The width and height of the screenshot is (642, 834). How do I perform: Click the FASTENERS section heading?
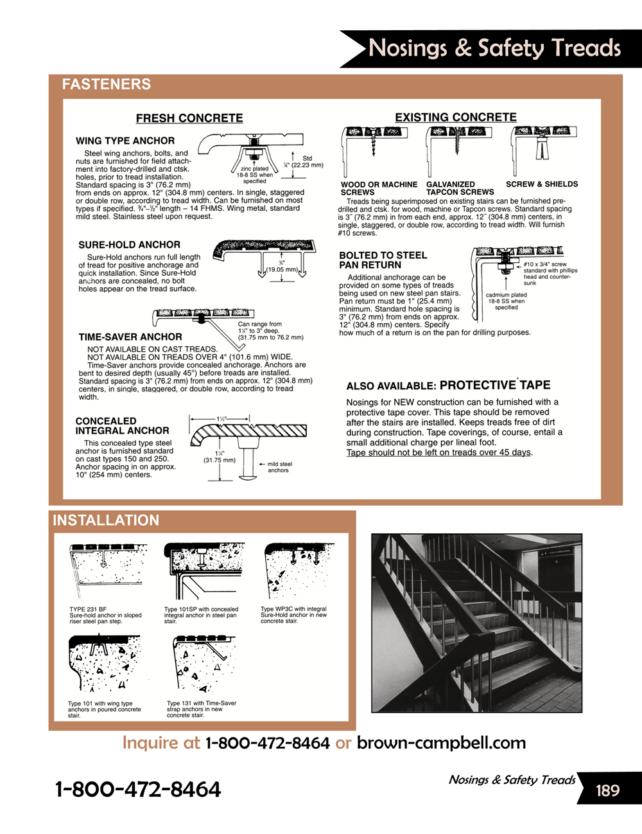(107, 84)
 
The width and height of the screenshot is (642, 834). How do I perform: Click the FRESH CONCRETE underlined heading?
(189, 118)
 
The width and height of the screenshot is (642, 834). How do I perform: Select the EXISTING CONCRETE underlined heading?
(456, 117)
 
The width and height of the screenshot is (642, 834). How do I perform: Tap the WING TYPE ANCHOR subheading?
(125, 141)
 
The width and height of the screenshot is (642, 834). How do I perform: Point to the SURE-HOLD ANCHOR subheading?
(130, 245)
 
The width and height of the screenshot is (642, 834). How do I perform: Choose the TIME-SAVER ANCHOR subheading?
(130, 337)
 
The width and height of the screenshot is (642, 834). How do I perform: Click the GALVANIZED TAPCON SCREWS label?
(460, 188)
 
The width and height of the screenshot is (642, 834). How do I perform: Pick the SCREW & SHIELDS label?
(542, 184)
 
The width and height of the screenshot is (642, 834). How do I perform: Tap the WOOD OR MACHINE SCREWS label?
(379, 188)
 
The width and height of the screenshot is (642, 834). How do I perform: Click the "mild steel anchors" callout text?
(279, 467)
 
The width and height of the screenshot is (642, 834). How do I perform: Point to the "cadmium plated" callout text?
(506, 295)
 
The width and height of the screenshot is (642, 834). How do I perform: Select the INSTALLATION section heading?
(106, 520)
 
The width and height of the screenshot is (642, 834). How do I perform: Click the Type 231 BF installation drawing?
(107, 571)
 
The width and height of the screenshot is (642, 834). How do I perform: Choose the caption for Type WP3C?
(293, 615)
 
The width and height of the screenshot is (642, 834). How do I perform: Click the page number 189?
(607, 790)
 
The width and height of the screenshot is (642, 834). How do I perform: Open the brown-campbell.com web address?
(441, 743)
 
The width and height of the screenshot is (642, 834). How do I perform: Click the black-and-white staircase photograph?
(476, 623)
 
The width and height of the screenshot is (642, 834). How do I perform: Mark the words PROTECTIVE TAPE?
(495, 386)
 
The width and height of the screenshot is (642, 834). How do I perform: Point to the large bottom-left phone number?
(138, 789)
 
